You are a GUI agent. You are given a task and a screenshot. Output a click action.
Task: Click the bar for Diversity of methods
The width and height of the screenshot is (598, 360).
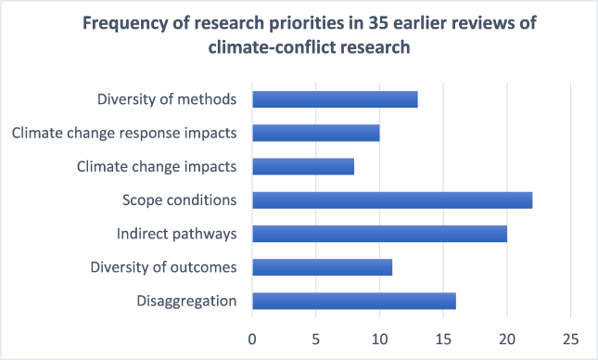[335, 99]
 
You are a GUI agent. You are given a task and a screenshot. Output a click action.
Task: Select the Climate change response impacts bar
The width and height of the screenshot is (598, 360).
[315, 133]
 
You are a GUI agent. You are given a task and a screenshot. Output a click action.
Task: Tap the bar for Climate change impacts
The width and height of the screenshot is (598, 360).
[302, 166]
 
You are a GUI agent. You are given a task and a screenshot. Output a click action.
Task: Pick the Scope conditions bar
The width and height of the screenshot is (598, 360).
[392, 199]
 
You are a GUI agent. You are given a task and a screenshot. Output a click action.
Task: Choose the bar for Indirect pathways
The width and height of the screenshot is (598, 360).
[379, 234]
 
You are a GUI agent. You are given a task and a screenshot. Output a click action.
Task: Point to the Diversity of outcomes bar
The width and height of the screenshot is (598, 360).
[322, 267]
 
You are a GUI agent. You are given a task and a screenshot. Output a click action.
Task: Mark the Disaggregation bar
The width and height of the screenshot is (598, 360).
[353, 301]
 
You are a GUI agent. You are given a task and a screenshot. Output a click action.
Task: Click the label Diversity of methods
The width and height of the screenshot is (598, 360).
[166, 99]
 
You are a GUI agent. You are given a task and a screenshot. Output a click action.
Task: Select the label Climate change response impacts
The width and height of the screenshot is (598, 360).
[124, 133]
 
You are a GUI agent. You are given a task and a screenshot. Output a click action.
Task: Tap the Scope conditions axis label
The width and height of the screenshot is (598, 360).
[180, 199]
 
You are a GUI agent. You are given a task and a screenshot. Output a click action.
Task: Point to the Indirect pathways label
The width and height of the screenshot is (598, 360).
[176, 234]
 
